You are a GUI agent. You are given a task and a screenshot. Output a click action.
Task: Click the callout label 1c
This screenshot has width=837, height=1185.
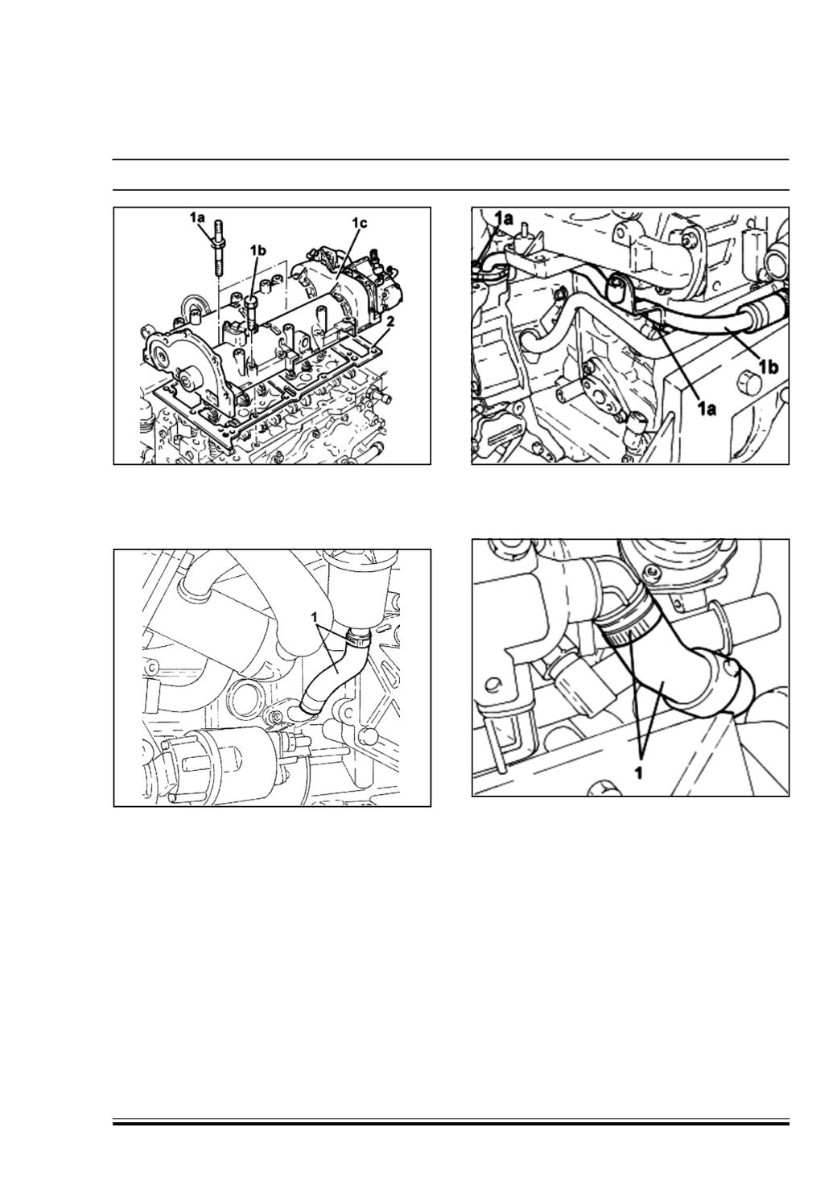coord(360,224)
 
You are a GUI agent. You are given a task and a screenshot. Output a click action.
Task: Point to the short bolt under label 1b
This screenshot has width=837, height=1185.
coord(253,313)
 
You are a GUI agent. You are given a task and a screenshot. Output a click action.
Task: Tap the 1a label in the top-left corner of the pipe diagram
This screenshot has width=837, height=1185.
coord(503,217)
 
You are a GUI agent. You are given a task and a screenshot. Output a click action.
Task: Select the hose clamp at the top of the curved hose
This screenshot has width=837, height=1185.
coord(359,640)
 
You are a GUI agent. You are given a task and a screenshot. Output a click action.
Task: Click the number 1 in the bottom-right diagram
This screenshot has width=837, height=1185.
coord(638,773)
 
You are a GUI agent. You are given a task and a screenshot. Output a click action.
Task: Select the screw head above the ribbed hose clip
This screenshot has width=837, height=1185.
coord(651,572)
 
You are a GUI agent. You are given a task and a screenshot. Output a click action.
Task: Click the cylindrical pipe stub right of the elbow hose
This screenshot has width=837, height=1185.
coord(748,611)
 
